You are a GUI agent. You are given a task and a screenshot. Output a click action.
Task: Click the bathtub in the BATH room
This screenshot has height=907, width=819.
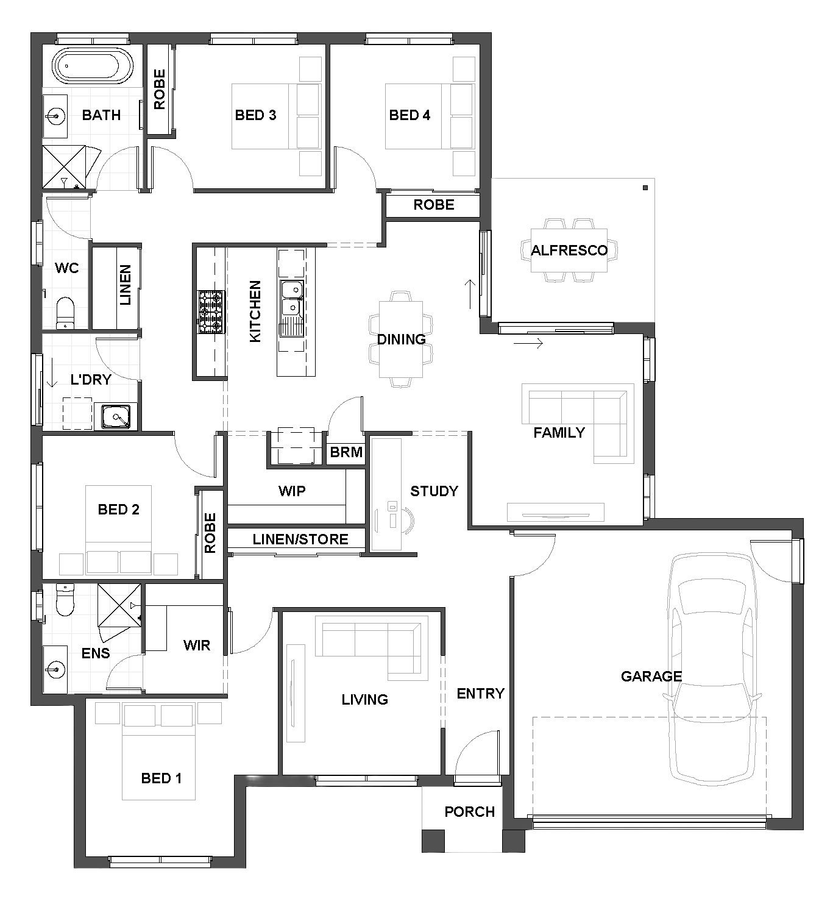tap(93, 66)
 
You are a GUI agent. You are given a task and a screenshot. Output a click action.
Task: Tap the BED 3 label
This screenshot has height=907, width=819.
tap(255, 115)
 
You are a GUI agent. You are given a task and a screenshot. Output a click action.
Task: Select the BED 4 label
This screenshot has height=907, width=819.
tap(409, 115)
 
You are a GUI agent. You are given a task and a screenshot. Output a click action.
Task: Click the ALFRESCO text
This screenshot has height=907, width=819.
tap(569, 251)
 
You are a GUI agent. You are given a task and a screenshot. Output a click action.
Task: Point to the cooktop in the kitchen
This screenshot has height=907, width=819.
tap(211, 312)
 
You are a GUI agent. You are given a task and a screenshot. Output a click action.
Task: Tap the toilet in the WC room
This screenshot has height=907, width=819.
tap(66, 313)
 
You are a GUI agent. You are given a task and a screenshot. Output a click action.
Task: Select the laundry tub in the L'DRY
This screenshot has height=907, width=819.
tap(116, 416)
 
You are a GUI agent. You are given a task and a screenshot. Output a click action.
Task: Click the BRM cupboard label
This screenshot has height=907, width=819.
tap(346, 452)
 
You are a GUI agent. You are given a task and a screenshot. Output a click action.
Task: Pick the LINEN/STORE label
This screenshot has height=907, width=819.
tap(300, 539)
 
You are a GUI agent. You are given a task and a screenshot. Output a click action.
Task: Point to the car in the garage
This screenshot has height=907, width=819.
tap(712, 670)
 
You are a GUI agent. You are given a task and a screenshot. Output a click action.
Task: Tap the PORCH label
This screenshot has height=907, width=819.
tap(469, 812)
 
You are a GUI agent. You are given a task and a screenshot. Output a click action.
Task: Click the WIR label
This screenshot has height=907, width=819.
tap(197, 646)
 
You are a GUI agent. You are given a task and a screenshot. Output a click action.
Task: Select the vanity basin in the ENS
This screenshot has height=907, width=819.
tap(55, 669)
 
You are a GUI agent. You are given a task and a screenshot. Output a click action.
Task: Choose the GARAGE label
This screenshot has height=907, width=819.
tap(651, 677)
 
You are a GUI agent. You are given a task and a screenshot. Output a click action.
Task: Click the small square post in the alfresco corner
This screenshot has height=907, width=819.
tap(645, 188)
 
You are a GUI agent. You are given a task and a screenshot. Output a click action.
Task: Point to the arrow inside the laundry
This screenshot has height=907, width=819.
tap(52, 372)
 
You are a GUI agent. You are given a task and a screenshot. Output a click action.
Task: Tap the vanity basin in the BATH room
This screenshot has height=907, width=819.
tap(55, 116)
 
